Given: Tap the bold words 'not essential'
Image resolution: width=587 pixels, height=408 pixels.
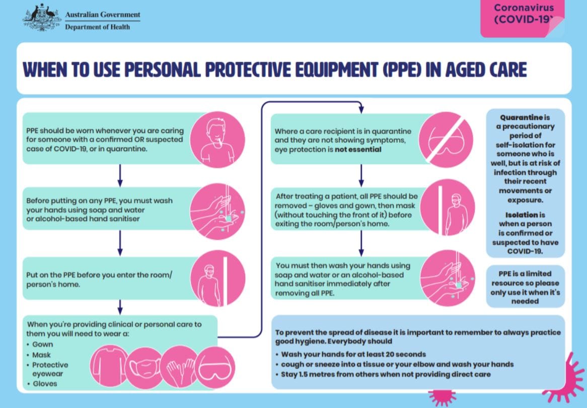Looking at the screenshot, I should (360, 150).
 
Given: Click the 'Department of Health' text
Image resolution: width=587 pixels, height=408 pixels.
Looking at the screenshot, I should (97, 27).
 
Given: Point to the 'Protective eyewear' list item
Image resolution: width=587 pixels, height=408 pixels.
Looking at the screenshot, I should (50, 369).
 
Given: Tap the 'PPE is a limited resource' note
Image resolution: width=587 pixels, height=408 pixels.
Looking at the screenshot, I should (525, 288).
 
